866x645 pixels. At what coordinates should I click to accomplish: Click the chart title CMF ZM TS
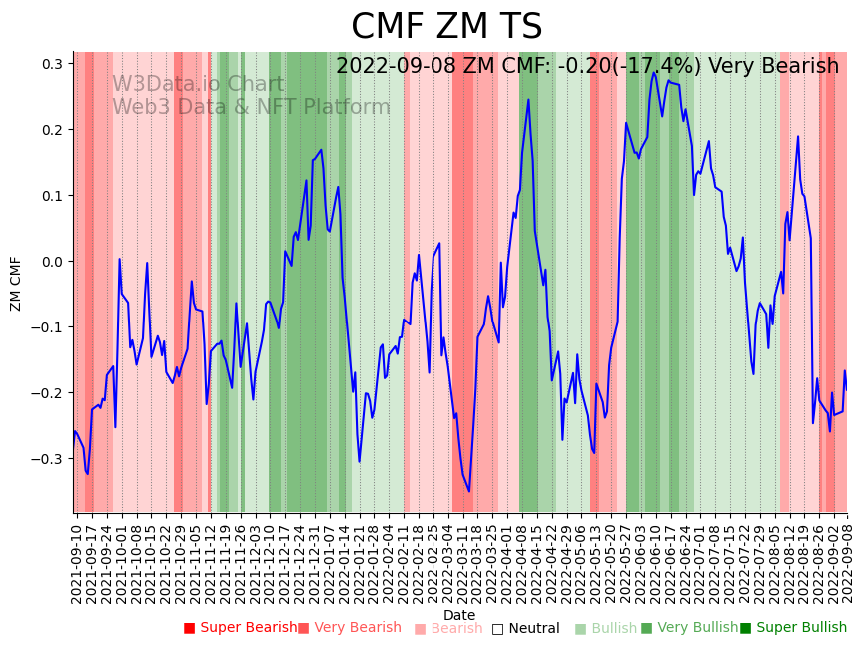tap(446, 27)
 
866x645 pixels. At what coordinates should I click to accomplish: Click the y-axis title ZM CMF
tap(16, 283)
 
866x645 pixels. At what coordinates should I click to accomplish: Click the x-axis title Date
tap(459, 615)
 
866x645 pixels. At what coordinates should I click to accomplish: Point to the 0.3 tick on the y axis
tap(52, 64)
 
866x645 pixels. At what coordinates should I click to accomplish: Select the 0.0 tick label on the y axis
tap(52, 262)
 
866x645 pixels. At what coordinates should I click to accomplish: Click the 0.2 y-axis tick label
tap(52, 130)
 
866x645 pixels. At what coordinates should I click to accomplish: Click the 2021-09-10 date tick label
tap(77, 560)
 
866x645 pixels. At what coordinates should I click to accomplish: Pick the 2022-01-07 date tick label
tap(329, 560)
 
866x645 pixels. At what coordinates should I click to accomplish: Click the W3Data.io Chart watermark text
tap(198, 85)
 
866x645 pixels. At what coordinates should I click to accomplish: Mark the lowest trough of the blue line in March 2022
tap(468, 490)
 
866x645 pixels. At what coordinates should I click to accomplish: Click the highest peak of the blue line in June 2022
tap(654, 72)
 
